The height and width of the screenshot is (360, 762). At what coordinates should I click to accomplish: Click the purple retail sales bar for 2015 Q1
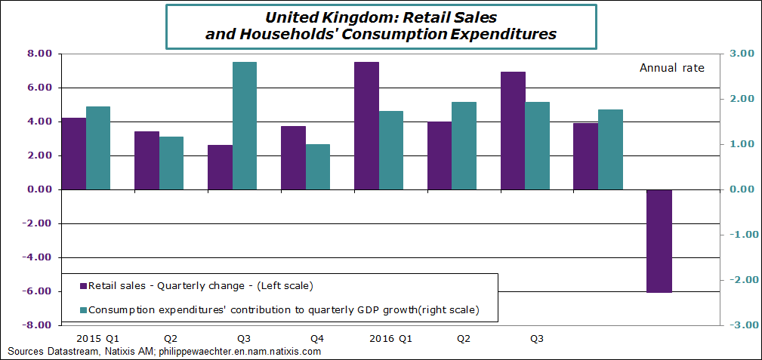click(73, 153)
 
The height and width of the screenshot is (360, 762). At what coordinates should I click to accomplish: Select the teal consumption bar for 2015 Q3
click(244, 125)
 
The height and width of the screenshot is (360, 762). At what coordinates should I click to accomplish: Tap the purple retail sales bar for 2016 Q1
click(366, 125)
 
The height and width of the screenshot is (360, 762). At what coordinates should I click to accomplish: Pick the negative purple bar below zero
click(659, 241)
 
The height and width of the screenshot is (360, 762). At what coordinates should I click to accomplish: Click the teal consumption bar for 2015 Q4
click(318, 167)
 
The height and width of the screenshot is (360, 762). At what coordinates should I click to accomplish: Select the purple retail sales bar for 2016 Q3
click(513, 131)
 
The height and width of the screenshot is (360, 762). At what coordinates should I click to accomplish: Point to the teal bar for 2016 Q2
click(464, 146)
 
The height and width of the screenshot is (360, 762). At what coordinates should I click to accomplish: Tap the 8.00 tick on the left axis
click(39, 54)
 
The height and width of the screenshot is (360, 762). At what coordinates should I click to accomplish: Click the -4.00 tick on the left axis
click(37, 257)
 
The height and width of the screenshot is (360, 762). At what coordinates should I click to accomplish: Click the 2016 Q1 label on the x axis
click(390, 339)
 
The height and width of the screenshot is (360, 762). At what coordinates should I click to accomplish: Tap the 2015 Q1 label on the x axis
click(97, 339)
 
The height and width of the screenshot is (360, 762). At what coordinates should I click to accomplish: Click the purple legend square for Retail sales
click(84, 286)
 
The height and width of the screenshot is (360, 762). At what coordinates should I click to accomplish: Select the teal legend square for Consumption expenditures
click(84, 309)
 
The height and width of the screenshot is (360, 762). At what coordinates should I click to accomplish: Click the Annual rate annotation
click(671, 68)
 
